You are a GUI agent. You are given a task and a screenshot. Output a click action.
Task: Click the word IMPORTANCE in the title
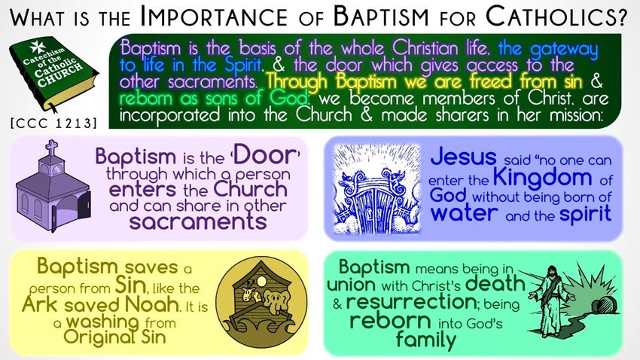[214, 17]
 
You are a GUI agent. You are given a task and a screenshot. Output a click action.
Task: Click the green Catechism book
[53, 74]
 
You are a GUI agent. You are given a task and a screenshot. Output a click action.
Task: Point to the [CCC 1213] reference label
[54, 123]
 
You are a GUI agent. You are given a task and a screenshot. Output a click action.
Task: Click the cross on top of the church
[51, 148]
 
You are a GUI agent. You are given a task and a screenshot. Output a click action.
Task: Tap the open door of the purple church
[85, 205]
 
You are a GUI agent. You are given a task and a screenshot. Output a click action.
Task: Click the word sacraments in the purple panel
[198, 221]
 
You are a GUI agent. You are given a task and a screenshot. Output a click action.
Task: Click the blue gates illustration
[376, 189]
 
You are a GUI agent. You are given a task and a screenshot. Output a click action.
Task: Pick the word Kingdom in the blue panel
[542, 177]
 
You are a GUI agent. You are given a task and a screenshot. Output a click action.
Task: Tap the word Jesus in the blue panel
[463, 157]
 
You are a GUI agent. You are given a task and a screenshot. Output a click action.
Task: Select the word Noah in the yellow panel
[152, 304]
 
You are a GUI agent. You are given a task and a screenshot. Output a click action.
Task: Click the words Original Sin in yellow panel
[114, 337]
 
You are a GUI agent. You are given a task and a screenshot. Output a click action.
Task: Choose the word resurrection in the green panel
[411, 303]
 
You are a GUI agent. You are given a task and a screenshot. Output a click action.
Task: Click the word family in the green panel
[426, 340]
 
